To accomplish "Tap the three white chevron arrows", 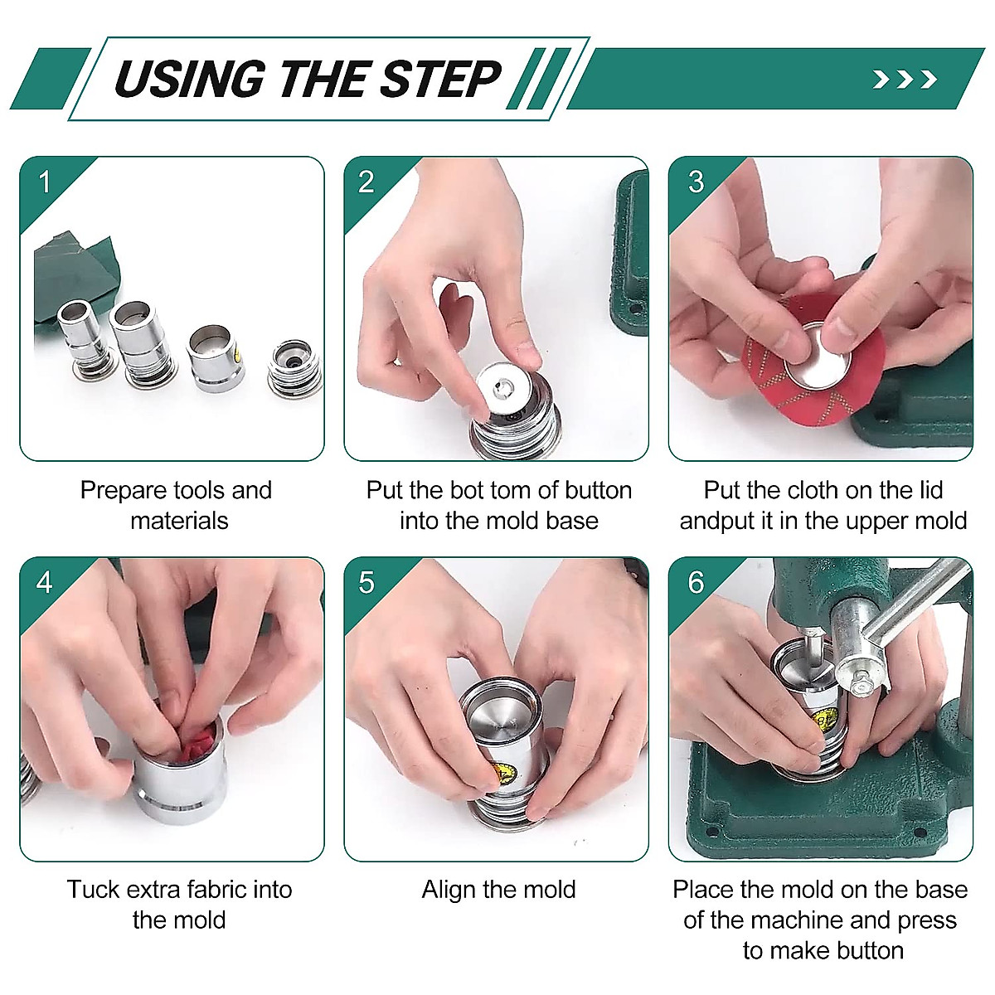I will tap(905, 80).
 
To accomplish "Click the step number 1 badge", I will tap(45, 182).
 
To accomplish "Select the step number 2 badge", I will tap(366, 182).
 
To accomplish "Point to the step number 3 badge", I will tap(696, 182).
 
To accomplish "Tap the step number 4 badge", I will tap(45, 582).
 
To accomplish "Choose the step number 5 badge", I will tap(366, 582).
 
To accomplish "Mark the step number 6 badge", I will tap(696, 582).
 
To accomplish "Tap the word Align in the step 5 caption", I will tap(447, 890).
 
